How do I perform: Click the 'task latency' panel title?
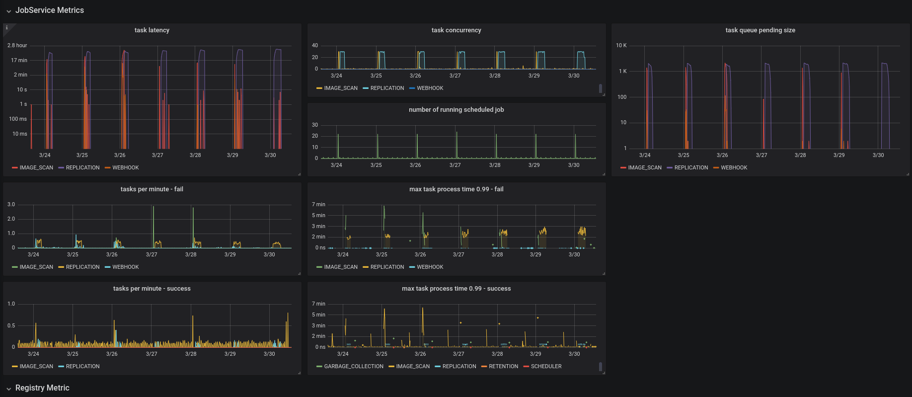152,30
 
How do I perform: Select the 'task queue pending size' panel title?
760,30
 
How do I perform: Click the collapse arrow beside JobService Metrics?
8,11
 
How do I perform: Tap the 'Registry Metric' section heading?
42,388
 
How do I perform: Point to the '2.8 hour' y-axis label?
17,46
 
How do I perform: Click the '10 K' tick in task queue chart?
621,46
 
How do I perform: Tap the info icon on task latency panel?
7,28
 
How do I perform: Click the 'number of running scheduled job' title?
456,110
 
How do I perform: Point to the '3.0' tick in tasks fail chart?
11,205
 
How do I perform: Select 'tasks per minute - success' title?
152,289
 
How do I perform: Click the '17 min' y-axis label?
19,61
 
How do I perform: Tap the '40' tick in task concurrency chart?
315,46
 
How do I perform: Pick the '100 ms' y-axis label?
18,119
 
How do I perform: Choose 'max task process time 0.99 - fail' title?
456,189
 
